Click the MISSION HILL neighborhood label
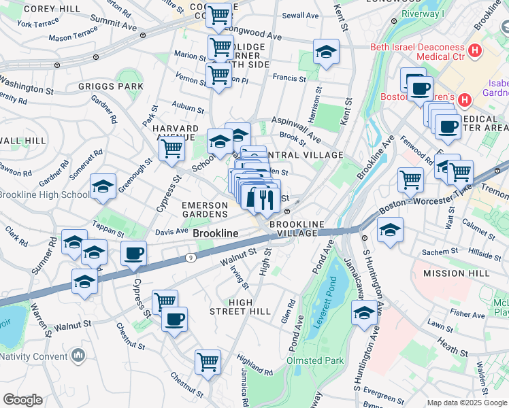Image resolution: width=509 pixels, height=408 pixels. pyautogui.click(x=455, y=273)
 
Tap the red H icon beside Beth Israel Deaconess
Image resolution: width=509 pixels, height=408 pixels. pyautogui.click(x=475, y=50)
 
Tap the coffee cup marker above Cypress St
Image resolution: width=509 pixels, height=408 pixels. pyautogui.click(x=133, y=254)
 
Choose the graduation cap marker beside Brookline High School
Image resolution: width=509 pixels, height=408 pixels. pyautogui.click(x=102, y=186)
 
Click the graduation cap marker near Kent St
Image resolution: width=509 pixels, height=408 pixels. pyautogui.click(x=326, y=52)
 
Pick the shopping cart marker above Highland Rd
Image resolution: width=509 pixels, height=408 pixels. pyautogui.click(x=208, y=361)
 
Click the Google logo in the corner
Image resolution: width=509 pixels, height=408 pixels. pyautogui.click(x=22, y=400)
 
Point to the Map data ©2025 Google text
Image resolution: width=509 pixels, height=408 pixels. pyautogui.click(x=466, y=403)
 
